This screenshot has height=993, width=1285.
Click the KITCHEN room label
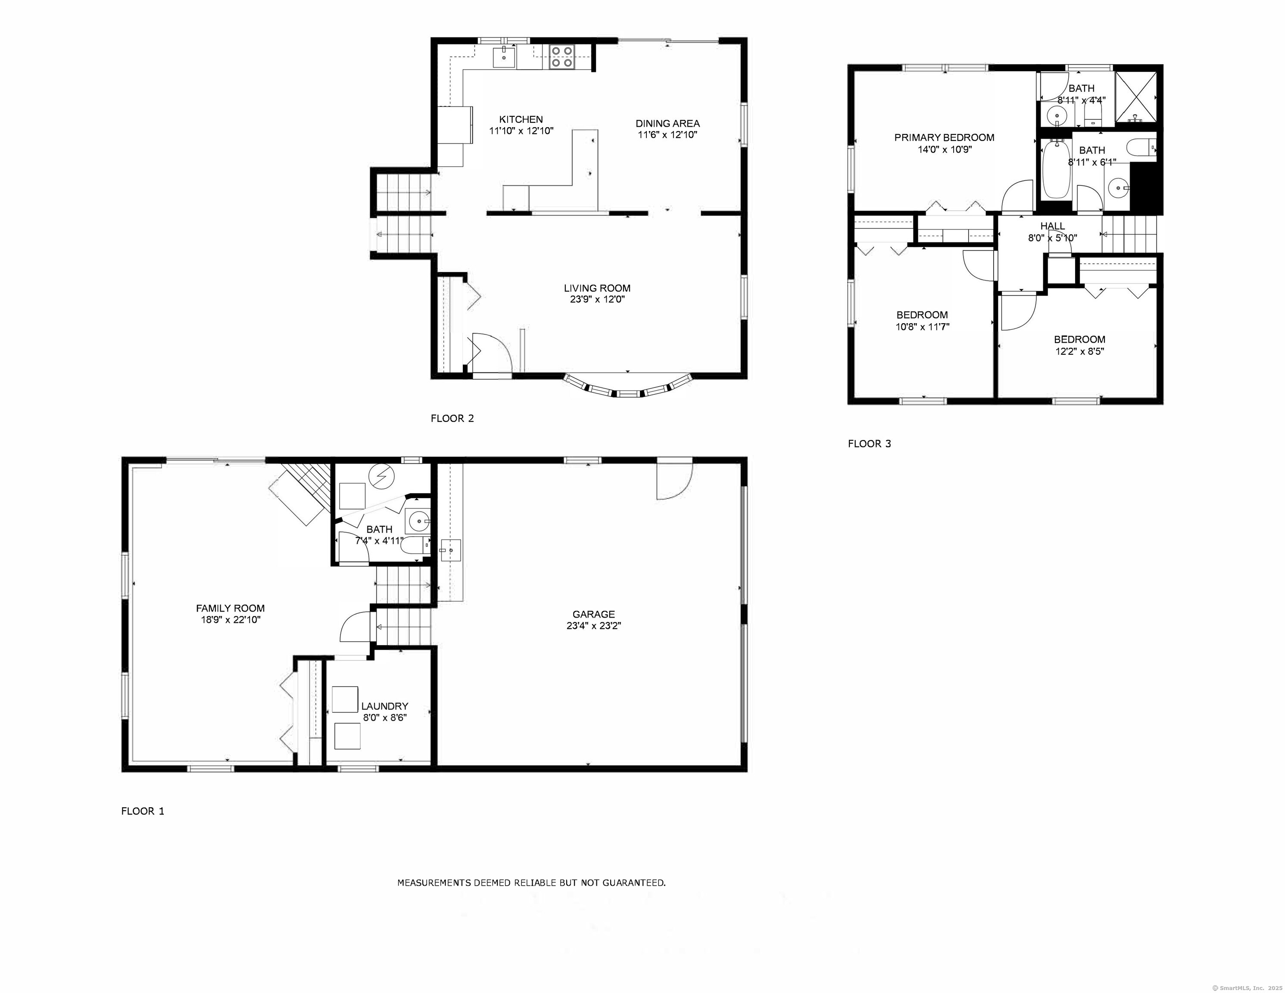(x=521, y=119)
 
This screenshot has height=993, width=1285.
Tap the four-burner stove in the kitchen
(x=561, y=57)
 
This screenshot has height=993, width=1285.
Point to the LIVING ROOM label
(x=596, y=288)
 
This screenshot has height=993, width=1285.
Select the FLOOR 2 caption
(x=452, y=418)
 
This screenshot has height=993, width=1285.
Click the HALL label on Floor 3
(x=1052, y=226)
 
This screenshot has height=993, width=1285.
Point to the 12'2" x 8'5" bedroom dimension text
(x=1079, y=351)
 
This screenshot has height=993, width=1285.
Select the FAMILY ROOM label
(x=230, y=609)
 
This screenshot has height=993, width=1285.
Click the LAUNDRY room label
(x=384, y=706)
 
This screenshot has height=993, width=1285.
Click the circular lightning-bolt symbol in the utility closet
(x=382, y=476)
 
